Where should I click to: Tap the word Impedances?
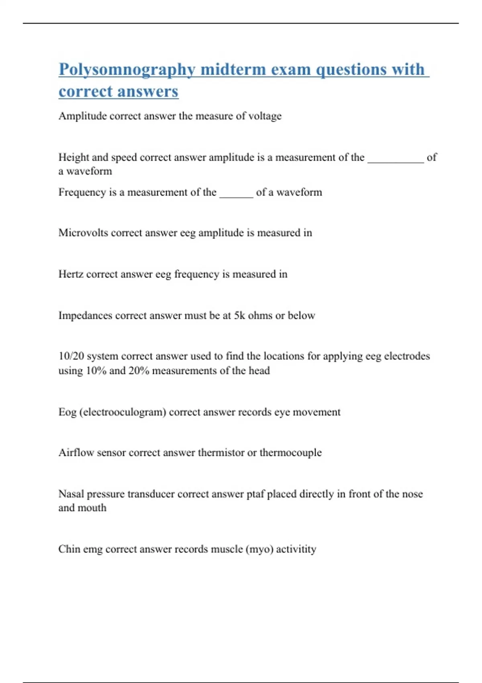tap(85, 316)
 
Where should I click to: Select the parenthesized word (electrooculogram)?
tap(123, 412)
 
